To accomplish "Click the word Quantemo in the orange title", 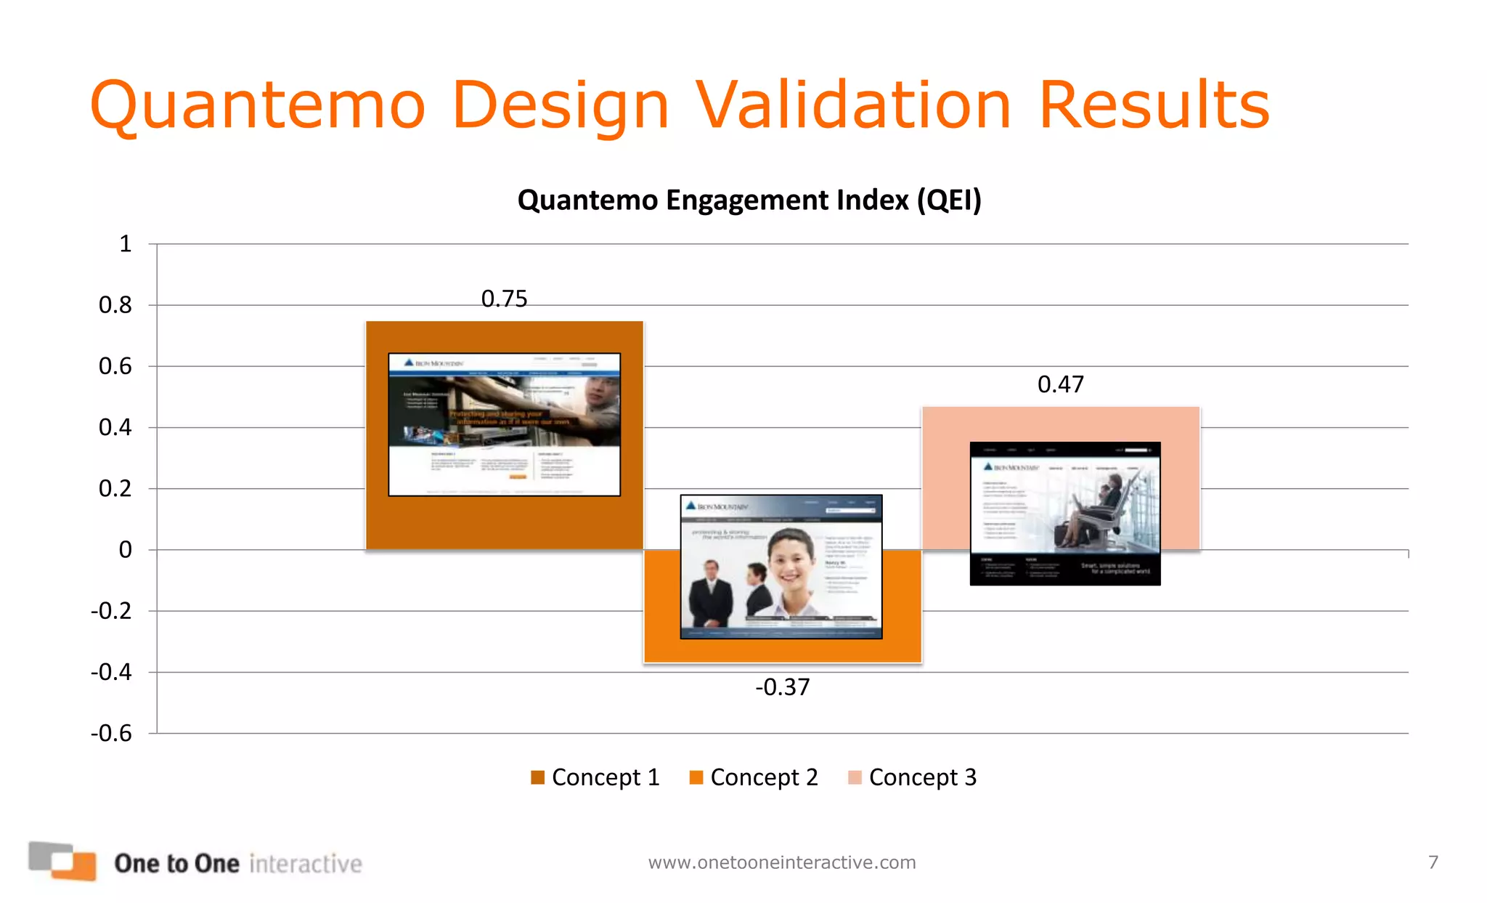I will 257,106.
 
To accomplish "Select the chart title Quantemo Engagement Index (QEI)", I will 749,200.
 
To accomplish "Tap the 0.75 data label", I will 504,299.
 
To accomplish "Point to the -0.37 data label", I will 782,687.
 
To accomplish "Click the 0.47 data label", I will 1060,384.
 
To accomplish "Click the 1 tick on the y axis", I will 126,243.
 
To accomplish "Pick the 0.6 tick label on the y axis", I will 115,366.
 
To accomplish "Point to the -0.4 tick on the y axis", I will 111,672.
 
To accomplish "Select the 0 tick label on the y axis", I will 126,550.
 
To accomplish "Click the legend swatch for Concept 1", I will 537,777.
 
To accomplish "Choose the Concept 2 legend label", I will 764,777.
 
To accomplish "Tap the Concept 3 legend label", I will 922,777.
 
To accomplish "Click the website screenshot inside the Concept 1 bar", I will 504,424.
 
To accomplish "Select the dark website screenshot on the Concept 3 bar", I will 1064,513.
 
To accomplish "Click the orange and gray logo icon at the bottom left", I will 62,861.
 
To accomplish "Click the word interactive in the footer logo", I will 306,864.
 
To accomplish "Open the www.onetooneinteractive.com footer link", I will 782,862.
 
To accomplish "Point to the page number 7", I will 1433,862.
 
